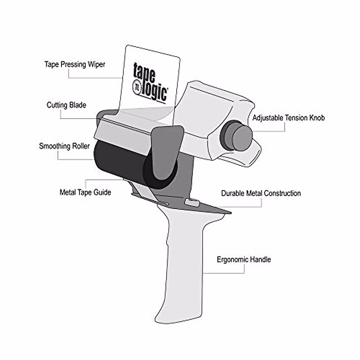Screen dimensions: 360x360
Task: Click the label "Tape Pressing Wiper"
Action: point(75,64)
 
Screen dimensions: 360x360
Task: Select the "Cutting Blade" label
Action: point(66,105)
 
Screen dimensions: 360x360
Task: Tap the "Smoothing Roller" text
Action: point(64,146)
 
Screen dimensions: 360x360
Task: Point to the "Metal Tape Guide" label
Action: point(85,192)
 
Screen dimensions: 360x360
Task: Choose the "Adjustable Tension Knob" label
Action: point(288,118)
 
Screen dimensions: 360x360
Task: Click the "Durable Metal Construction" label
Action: point(261,193)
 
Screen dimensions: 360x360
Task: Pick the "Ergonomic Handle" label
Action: point(244,259)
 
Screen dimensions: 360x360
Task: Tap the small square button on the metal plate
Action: point(192,202)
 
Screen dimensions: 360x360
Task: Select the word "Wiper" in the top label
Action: point(97,64)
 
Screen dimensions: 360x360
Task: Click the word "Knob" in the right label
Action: point(316,118)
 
